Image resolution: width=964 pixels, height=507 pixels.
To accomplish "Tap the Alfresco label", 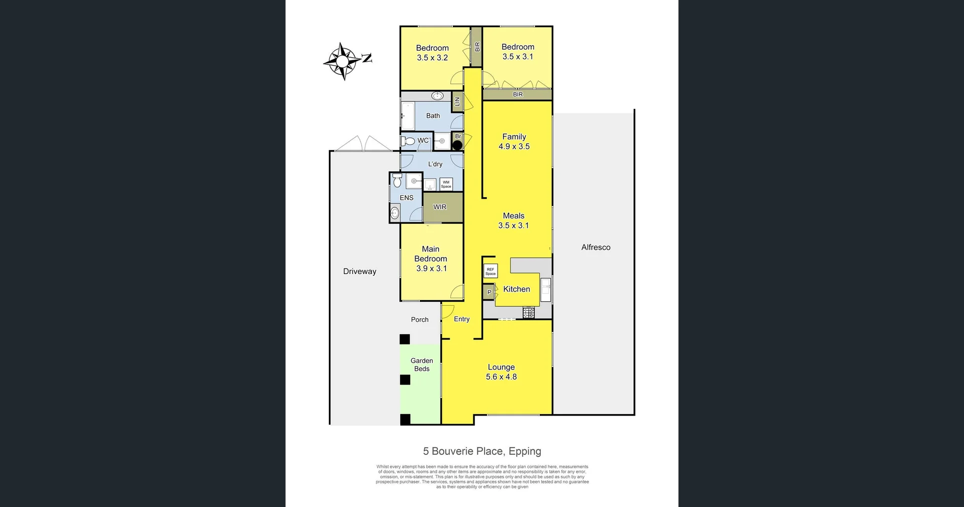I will coord(595,247).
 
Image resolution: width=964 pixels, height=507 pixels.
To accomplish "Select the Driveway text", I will coord(359,271).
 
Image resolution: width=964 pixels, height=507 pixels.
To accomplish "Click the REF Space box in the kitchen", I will coord(491,271).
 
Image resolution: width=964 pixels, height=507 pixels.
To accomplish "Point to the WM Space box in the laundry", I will coord(446,184).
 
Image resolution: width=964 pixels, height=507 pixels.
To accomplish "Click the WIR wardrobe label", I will coord(440,207).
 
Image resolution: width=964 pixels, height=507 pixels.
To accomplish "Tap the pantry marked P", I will coord(489,292).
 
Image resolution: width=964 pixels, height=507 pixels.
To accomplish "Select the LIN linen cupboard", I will coord(457,102).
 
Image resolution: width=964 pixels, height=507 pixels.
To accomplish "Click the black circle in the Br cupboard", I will coord(457,146).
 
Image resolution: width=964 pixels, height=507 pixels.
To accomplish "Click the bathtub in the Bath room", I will coord(407,116).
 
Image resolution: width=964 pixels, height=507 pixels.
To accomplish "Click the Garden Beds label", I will coord(422,364).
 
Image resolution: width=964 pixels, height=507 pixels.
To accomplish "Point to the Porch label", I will coord(420,319).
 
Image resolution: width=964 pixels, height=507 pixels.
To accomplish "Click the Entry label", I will coord(461,319).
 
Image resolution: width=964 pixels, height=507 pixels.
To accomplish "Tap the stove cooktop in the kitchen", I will coord(529,313).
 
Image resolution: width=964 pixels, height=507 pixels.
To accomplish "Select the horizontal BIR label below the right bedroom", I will coord(518,94).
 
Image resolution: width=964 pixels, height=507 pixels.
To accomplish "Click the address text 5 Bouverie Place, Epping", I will coord(482,451).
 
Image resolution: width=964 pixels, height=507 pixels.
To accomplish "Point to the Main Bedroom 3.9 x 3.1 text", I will coord(431,259).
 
